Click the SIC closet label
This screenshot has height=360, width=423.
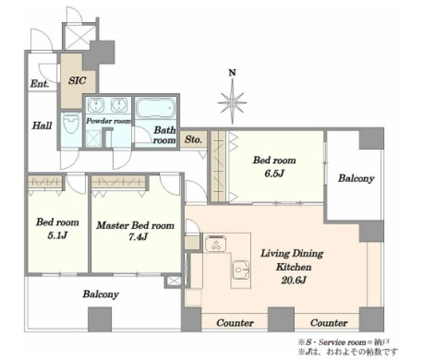point(77,80)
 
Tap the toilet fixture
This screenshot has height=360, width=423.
point(71,123)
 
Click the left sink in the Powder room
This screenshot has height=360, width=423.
point(96,105)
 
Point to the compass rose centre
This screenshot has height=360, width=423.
point(232,103)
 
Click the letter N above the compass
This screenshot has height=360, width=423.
point(232,73)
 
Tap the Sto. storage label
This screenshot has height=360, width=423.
point(193,140)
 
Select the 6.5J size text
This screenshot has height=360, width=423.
point(274,173)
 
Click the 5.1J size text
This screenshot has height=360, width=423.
point(57,235)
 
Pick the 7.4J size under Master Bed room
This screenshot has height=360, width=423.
point(138,237)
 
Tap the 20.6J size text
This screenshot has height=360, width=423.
point(293,280)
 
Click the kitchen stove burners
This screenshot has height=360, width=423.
point(216,244)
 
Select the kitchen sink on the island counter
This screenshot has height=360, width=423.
point(241,270)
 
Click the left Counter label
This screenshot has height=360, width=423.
point(235,323)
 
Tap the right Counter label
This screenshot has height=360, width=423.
point(329,323)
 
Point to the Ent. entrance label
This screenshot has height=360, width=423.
point(40,84)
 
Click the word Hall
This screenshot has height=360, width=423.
point(42,125)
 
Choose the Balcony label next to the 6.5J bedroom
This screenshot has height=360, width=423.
point(356,179)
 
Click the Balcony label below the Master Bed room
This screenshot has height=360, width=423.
point(100,294)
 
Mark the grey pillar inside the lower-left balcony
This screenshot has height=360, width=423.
point(100,319)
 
